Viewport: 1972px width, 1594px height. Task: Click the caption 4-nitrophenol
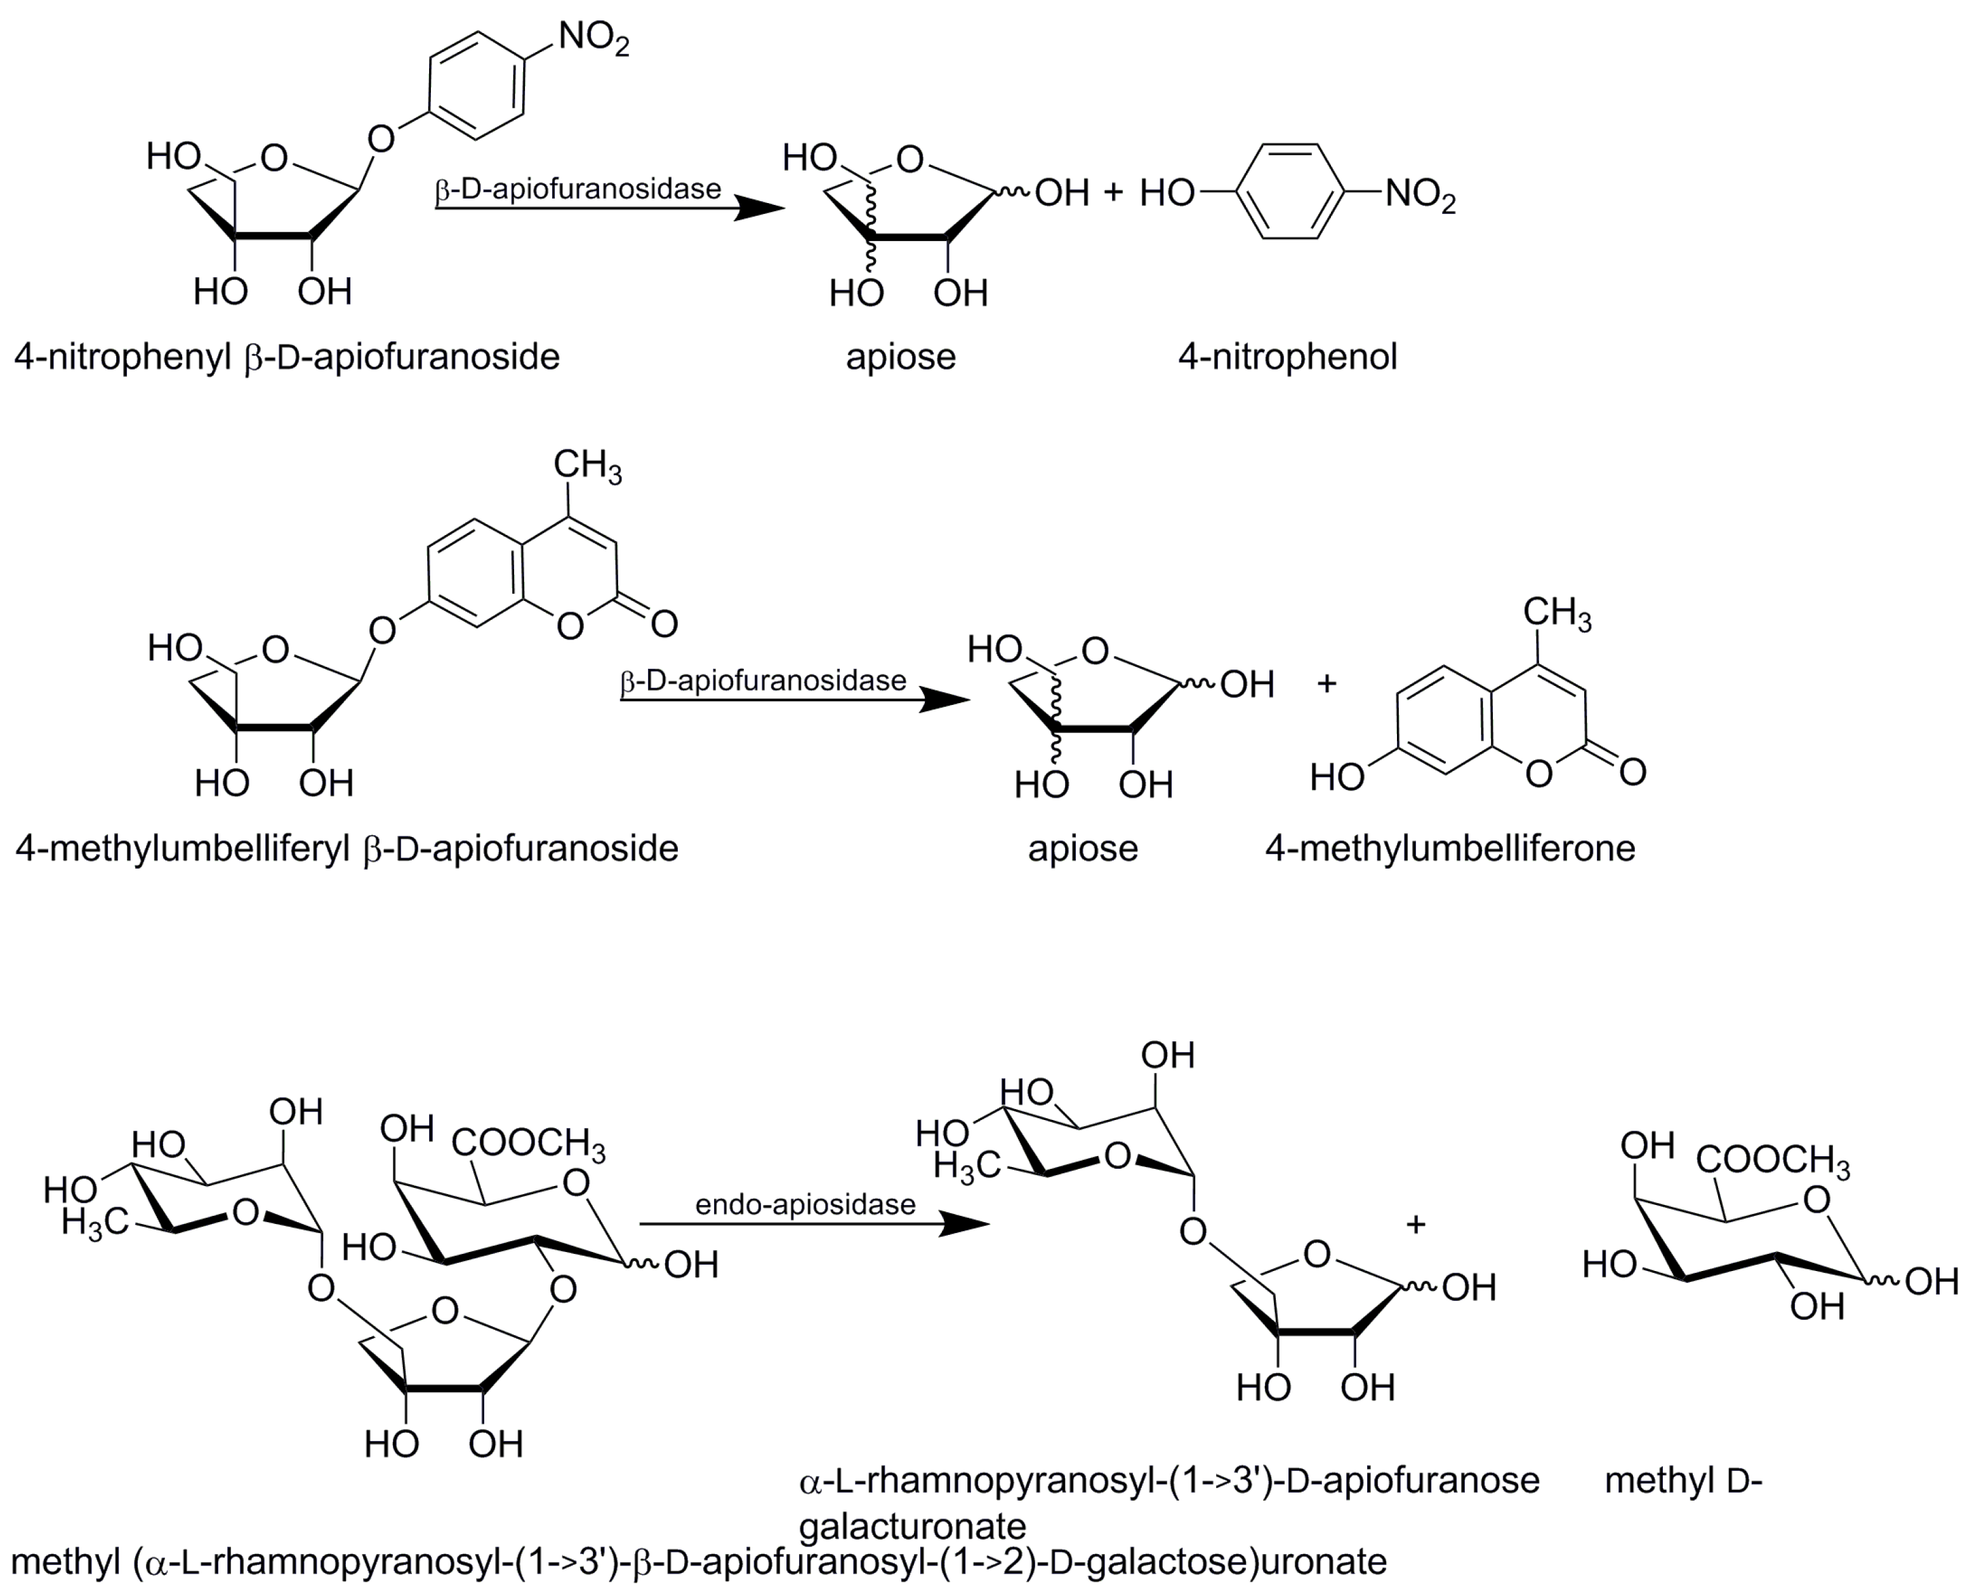click(x=1287, y=356)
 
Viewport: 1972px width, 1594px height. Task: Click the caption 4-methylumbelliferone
click(x=1450, y=848)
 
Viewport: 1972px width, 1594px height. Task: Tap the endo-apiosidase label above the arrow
click(x=805, y=1204)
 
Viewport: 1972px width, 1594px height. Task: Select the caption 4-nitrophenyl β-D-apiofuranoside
click(x=287, y=356)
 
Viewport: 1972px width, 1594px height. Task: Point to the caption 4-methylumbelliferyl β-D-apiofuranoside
click(x=347, y=848)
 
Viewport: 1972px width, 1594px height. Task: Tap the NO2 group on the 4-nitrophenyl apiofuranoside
click(x=593, y=39)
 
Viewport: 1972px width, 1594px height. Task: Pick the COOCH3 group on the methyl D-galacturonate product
click(x=1773, y=1161)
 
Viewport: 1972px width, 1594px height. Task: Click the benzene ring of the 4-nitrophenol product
click(x=1290, y=192)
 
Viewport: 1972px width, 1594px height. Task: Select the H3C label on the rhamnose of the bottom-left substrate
click(x=95, y=1222)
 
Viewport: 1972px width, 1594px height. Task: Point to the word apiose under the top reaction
click(x=900, y=356)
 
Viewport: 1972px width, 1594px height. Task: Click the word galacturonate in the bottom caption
click(x=912, y=1526)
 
